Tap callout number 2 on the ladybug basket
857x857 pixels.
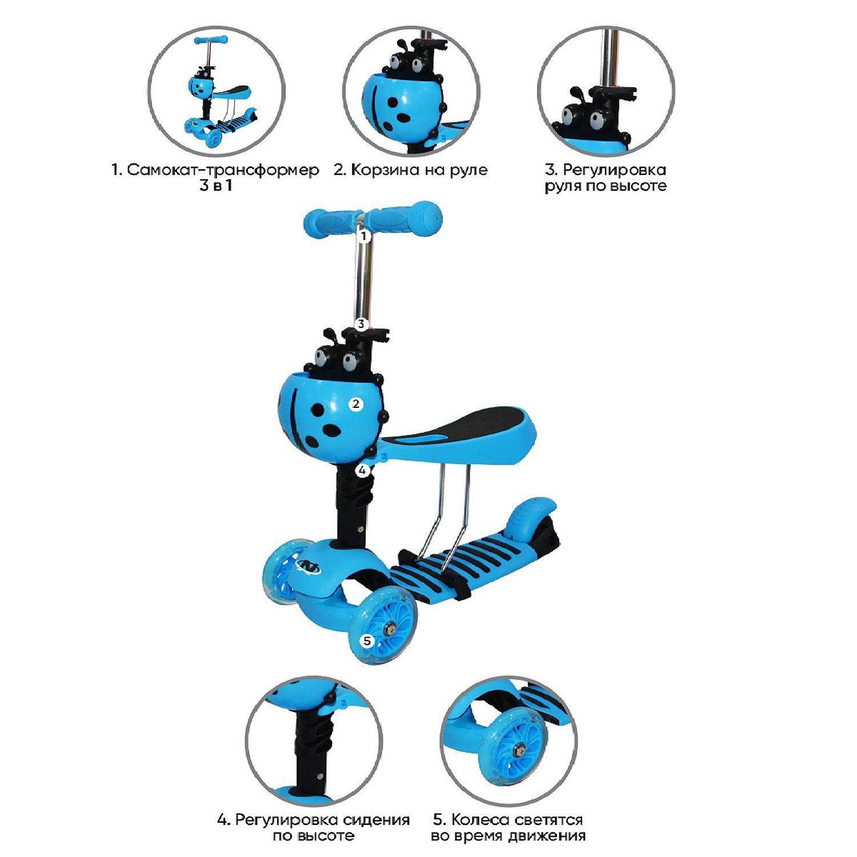click(x=355, y=404)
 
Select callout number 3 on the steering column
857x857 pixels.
click(x=361, y=323)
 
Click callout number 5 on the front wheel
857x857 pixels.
click(x=367, y=641)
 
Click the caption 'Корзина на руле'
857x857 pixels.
click(x=411, y=170)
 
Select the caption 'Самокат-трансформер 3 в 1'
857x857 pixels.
click(x=215, y=178)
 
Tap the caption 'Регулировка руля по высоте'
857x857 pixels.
click(x=606, y=178)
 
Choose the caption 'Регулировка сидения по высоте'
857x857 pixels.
click(x=314, y=827)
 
